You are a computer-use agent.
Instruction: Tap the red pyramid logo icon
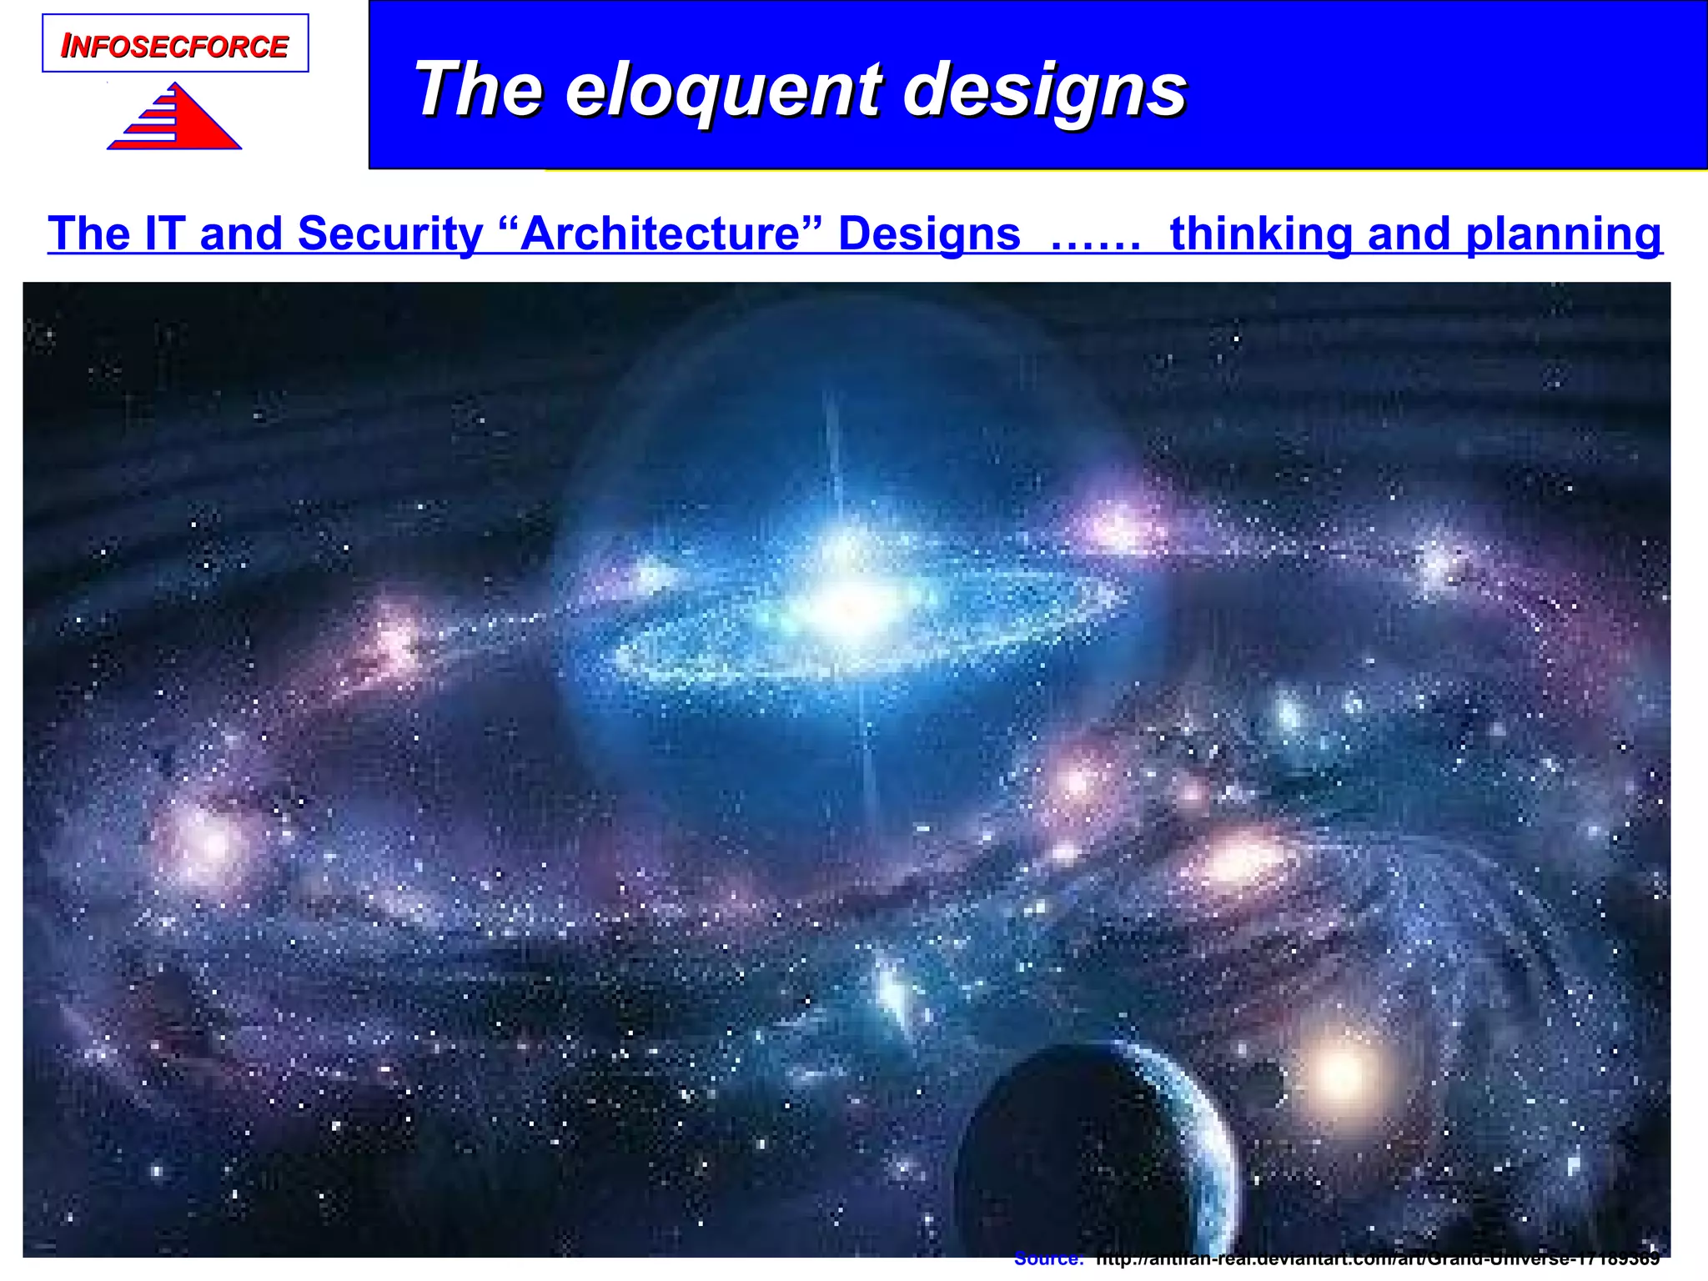coord(175,119)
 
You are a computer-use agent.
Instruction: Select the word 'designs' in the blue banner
coord(1044,89)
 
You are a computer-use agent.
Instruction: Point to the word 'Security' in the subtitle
coord(389,234)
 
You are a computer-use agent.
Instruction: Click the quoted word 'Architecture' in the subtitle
coord(659,234)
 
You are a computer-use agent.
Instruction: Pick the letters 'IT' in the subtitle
coord(163,234)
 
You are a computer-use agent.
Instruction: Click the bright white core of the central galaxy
coord(842,609)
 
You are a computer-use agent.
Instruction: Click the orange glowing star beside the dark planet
coord(1341,1074)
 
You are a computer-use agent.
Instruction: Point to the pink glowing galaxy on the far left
coord(205,842)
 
